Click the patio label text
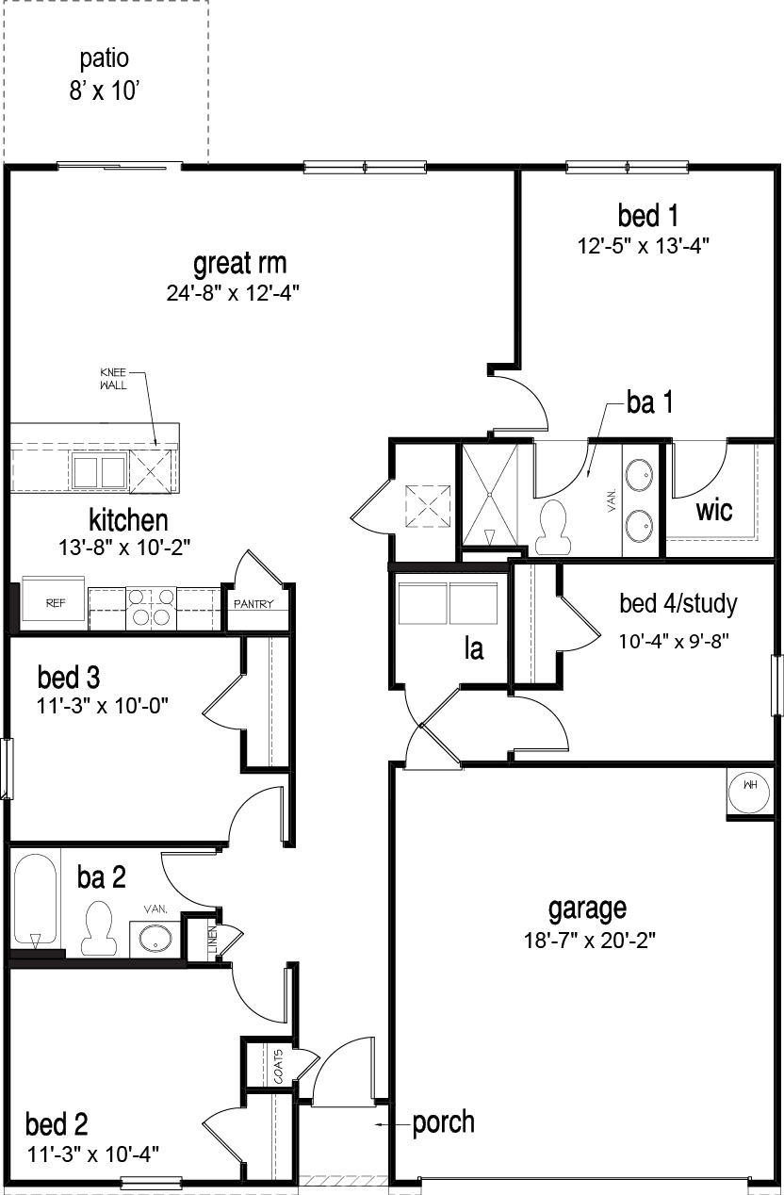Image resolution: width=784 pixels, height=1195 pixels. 105,58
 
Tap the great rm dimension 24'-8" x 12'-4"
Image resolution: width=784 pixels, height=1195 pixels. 239,292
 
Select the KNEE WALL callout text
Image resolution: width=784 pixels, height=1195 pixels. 113,378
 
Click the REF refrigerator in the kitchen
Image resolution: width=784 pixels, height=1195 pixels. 56,603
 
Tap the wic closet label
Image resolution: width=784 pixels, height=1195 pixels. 715,511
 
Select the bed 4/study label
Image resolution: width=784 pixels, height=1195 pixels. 678,603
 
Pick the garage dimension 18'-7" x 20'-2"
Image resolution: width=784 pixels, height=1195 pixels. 587,940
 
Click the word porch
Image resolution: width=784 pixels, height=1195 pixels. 443,1122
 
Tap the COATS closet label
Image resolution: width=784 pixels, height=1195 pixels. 278,1067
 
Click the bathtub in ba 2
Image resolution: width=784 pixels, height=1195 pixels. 36,901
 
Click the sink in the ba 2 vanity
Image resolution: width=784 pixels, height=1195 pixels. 155,938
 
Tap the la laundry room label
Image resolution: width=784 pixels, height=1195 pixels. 474,648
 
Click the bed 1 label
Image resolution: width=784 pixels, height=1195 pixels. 642,216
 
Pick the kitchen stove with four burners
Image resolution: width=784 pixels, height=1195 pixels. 152,608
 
